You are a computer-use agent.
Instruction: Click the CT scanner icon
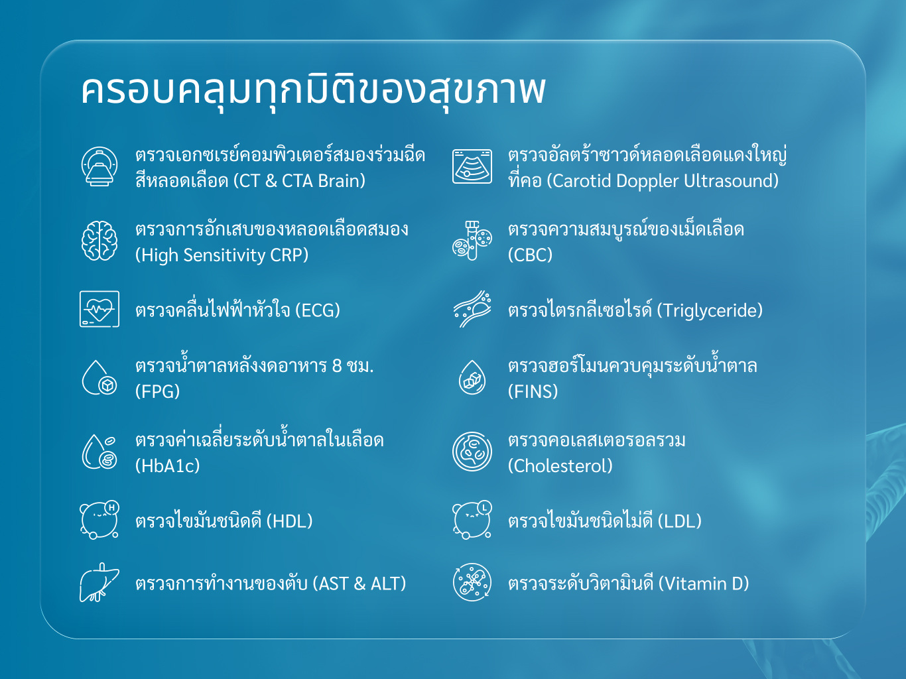point(99,166)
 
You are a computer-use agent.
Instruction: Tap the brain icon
point(99,241)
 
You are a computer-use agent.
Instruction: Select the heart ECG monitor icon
point(99,309)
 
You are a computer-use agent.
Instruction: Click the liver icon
point(99,583)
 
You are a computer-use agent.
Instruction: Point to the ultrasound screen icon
point(472,166)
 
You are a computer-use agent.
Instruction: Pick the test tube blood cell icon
point(472,241)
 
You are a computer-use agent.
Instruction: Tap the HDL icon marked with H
point(99,520)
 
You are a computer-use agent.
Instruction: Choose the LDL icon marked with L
point(472,520)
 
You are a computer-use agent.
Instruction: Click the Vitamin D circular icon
point(472,583)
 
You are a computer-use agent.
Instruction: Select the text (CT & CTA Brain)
point(299,180)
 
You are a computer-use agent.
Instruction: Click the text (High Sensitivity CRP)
point(222,255)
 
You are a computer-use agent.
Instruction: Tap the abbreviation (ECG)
point(318,310)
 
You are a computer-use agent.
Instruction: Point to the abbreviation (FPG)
point(158,391)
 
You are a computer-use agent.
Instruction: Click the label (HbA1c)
point(168,465)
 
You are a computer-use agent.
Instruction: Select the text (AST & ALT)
point(359,584)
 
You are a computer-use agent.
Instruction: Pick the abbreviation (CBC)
point(531,255)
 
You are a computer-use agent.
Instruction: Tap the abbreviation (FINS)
point(533,391)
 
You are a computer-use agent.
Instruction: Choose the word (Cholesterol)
point(560,465)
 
